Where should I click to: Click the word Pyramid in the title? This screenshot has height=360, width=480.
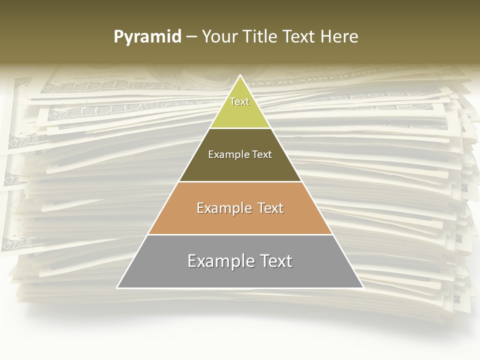point(147,37)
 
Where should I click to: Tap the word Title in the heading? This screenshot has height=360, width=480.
point(262,36)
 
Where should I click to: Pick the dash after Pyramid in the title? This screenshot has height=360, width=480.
point(191,37)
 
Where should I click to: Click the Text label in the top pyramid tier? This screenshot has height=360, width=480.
point(239,101)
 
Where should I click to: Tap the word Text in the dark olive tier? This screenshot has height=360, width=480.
point(261,154)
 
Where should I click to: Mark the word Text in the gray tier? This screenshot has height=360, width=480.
point(273,261)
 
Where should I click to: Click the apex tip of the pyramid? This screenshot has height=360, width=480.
point(240,76)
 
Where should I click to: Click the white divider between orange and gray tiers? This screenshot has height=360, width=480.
point(240,234)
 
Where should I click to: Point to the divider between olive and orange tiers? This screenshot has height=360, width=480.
point(240,181)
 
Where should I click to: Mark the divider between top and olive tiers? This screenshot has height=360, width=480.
point(240,128)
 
